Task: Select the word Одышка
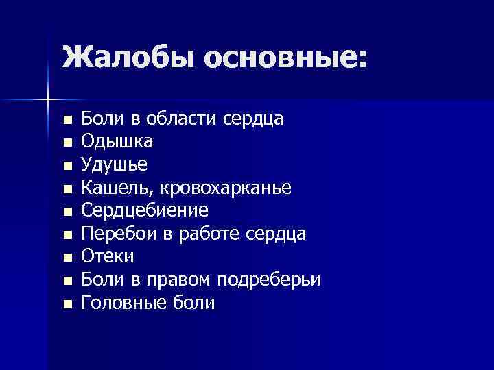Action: pyautogui.click(x=117, y=142)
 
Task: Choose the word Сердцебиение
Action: pyautogui.click(x=145, y=210)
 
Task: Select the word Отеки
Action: pyautogui.click(x=108, y=256)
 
